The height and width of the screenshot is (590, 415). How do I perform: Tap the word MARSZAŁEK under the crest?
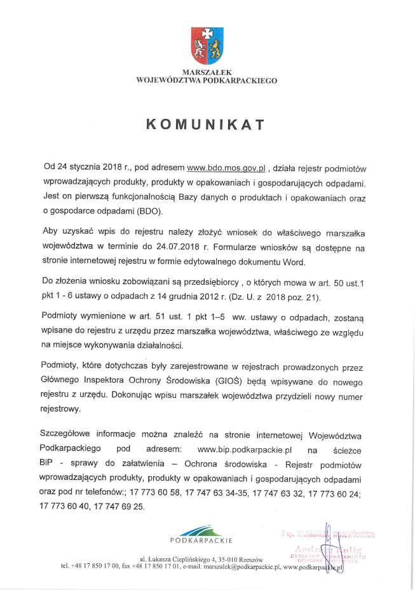coord(207,73)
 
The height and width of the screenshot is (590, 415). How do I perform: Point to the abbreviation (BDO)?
coord(147,210)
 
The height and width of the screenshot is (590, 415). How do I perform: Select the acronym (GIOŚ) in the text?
coord(220,380)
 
